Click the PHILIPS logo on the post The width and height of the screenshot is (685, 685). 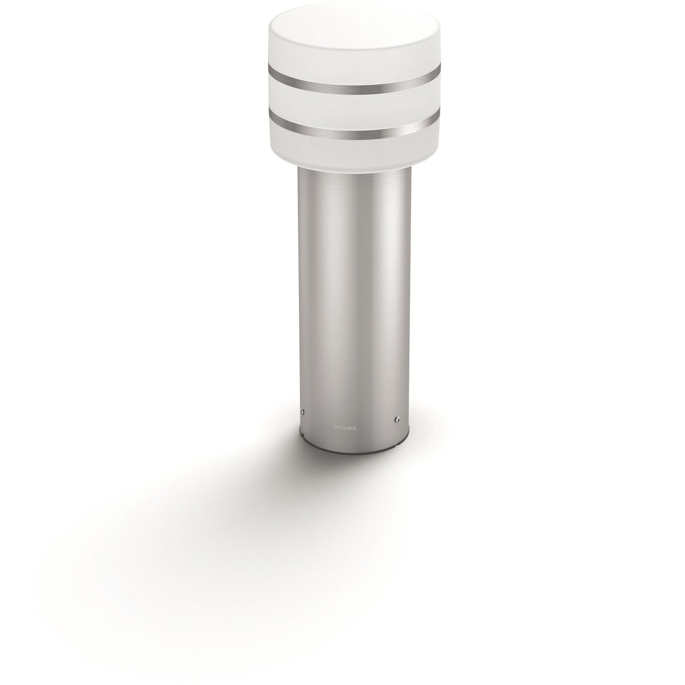click(x=345, y=428)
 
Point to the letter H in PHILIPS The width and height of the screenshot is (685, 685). click(x=339, y=428)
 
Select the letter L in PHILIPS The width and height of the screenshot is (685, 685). click(x=345, y=428)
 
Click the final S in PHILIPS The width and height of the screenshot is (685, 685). click(x=354, y=428)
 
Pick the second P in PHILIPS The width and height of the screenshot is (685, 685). click(x=350, y=428)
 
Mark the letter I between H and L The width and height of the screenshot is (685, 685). click(x=342, y=428)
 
